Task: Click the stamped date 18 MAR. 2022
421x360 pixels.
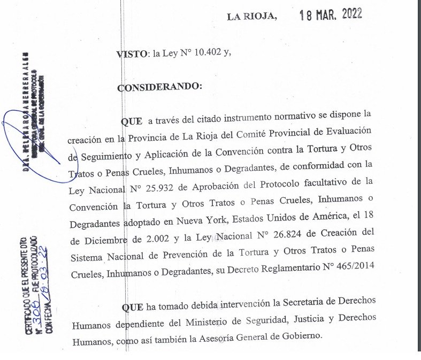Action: click(x=331, y=14)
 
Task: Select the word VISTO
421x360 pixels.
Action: click(x=132, y=53)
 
